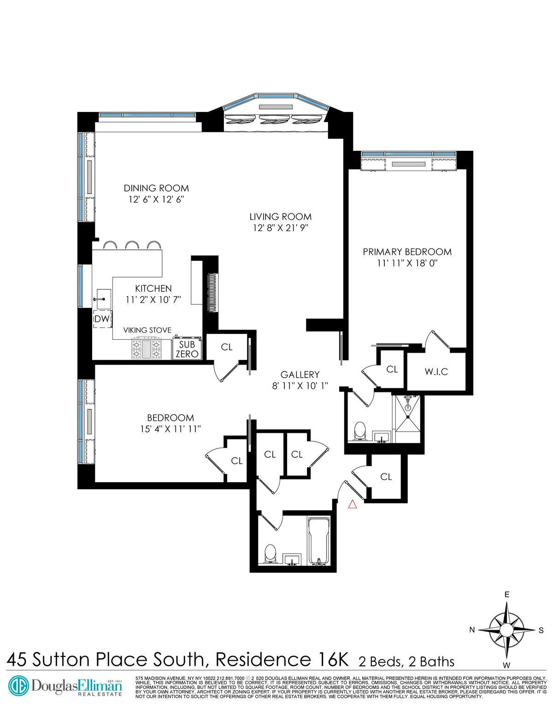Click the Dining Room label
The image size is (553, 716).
[156, 188]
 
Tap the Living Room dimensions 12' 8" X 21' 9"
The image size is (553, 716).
[280, 228]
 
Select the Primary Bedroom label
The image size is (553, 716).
[407, 252]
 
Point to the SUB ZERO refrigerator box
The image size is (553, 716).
[187, 349]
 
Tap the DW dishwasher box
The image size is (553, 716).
[102, 319]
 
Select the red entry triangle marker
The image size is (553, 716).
[353, 504]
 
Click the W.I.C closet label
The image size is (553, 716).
[436, 372]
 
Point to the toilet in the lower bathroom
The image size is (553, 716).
[270, 553]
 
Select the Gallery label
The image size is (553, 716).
[300, 375]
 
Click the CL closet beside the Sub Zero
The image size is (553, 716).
[227, 347]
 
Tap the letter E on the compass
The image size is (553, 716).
[507, 595]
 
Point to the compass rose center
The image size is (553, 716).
[506, 630]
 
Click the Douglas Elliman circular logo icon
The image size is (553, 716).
[18, 685]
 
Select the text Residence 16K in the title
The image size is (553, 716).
[282, 659]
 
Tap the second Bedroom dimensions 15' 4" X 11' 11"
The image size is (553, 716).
[171, 429]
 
